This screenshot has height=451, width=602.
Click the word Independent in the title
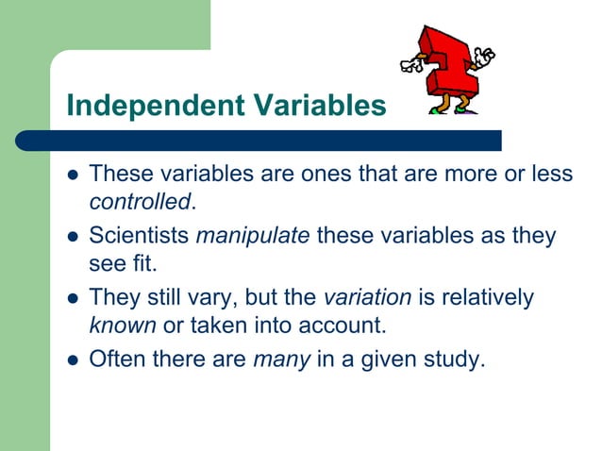(149, 107)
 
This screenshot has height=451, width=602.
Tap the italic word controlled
(140, 201)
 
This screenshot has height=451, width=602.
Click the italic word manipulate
(252, 235)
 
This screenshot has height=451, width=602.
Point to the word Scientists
(139, 235)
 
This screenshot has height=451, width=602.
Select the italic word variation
(367, 297)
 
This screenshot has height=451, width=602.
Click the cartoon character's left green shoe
(439, 109)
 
